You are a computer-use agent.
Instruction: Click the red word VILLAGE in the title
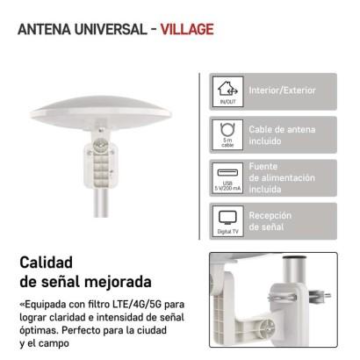[x=187, y=29]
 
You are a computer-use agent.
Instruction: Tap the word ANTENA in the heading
[x=44, y=29]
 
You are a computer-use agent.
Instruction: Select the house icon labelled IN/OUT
[x=227, y=89]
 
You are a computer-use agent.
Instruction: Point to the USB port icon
[x=227, y=173]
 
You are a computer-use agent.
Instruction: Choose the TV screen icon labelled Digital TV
[x=227, y=218]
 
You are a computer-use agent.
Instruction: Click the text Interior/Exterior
[x=283, y=90]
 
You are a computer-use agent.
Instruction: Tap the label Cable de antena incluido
[x=282, y=135]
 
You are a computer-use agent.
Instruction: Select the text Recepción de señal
[x=270, y=221]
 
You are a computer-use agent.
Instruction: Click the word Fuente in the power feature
[x=263, y=166]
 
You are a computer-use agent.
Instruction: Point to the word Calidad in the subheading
[x=47, y=263]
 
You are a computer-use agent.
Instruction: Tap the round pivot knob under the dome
[x=100, y=145]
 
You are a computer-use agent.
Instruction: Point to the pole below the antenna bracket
[x=101, y=203]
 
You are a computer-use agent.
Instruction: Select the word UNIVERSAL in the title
[x=111, y=29]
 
